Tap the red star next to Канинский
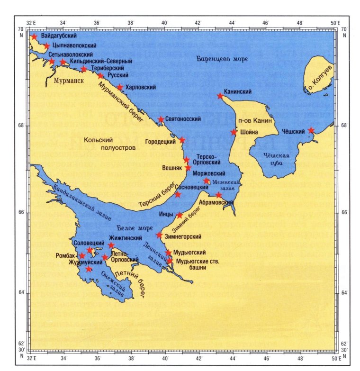220,96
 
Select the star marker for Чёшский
311,130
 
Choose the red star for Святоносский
161,119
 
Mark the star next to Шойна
234,132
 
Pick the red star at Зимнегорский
160,235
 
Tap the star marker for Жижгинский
111,245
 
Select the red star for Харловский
120,87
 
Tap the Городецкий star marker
182,140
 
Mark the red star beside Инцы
180,215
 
